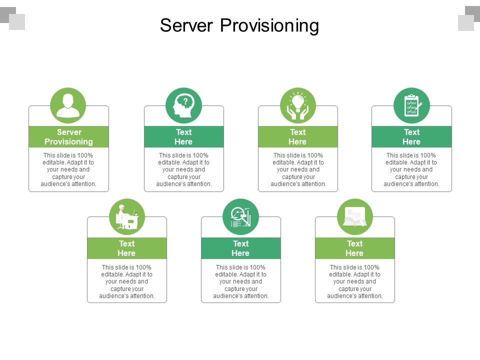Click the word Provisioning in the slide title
tap(269, 25)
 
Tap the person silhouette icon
tap(68, 105)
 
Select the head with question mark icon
tap(183, 105)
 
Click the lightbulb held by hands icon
tap(298, 105)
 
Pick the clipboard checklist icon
tap(411, 105)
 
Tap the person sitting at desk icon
tap(127, 217)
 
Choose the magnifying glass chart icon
tap(240, 217)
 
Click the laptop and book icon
tap(354, 217)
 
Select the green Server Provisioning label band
tap(68, 136)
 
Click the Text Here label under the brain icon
tap(183, 136)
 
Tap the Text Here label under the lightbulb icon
tap(297, 136)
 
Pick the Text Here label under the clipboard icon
tap(411, 136)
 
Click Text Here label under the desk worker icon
tap(126, 248)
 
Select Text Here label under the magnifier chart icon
tap(240, 248)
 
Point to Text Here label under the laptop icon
tap(354, 248)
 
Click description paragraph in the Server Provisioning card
tap(68, 169)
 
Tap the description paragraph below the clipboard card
tap(411, 169)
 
